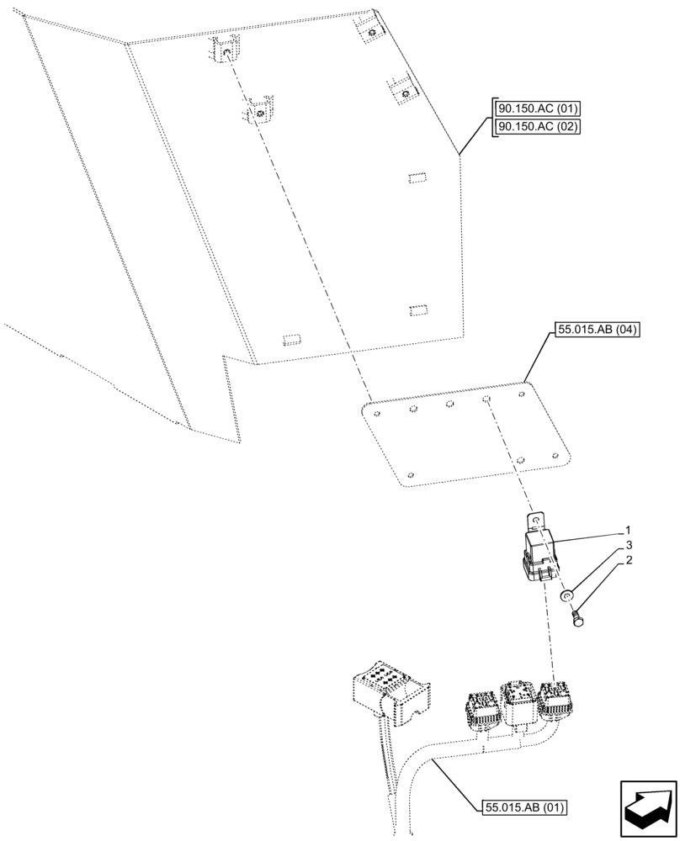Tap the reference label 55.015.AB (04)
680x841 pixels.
pos(597,330)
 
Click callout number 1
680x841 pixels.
pos(628,531)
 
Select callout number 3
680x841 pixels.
pos(628,545)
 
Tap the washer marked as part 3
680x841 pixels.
pos(568,597)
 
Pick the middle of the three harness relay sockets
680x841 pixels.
pos(517,700)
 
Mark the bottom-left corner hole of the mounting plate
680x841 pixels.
pos(411,474)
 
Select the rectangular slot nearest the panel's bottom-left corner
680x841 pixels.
pos(292,339)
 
